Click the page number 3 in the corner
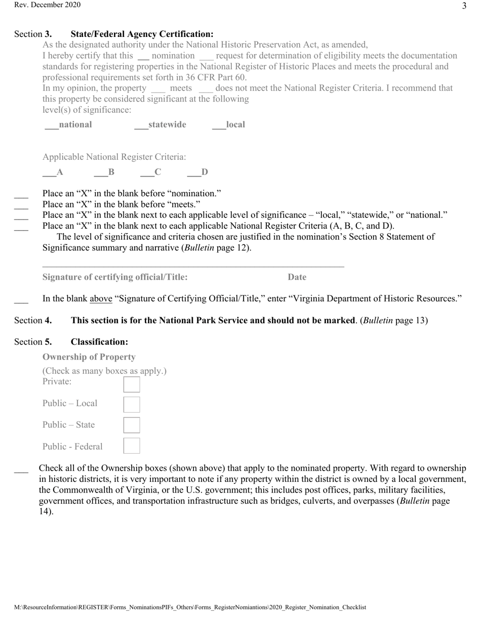(464, 6)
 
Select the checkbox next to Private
(132, 384)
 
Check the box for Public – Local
(132, 405)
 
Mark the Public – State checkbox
(132, 425)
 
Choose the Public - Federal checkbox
(132, 446)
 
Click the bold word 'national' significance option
(75, 124)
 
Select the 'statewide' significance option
(167, 124)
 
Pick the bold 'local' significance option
(235, 124)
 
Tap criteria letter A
(60, 172)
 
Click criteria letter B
(111, 172)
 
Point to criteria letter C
(158, 172)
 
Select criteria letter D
(205, 172)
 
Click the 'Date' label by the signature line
(297, 277)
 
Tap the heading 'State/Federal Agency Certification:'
(142, 34)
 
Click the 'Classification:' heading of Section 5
(99, 342)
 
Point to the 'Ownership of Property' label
(89, 357)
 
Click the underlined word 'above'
(101, 298)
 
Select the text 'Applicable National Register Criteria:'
(114, 157)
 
